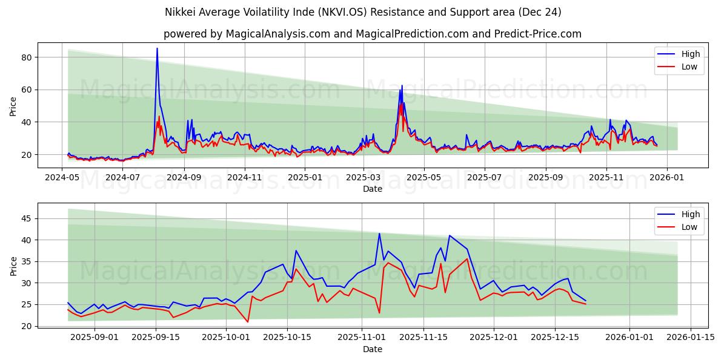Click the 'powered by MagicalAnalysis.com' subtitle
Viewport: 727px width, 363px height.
pyautogui.click(x=372, y=34)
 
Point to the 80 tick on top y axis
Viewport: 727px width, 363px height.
pyautogui.click(x=27, y=57)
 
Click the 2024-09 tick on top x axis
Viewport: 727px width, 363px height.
pyautogui.click(x=184, y=178)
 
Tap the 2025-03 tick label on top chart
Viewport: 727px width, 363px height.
pyautogui.click(x=363, y=178)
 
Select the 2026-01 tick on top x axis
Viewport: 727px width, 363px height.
pyautogui.click(x=667, y=178)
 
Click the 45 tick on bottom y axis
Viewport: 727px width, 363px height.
pyautogui.click(x=27, y=218)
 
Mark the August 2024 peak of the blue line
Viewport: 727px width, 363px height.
pyautogui.click(x=157, y=48)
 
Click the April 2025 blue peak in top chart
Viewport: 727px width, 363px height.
pyautogui.click(x=402, y=85)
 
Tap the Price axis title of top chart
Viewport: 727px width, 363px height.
pyautogui.click(x=13, y=106)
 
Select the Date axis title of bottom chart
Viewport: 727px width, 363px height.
pyautogui.click(x=372, y=349)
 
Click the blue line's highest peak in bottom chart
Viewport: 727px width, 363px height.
pyautogui.click(x=379, y=234)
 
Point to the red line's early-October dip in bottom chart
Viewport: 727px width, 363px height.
pyautogui.click(x=248, y=322)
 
